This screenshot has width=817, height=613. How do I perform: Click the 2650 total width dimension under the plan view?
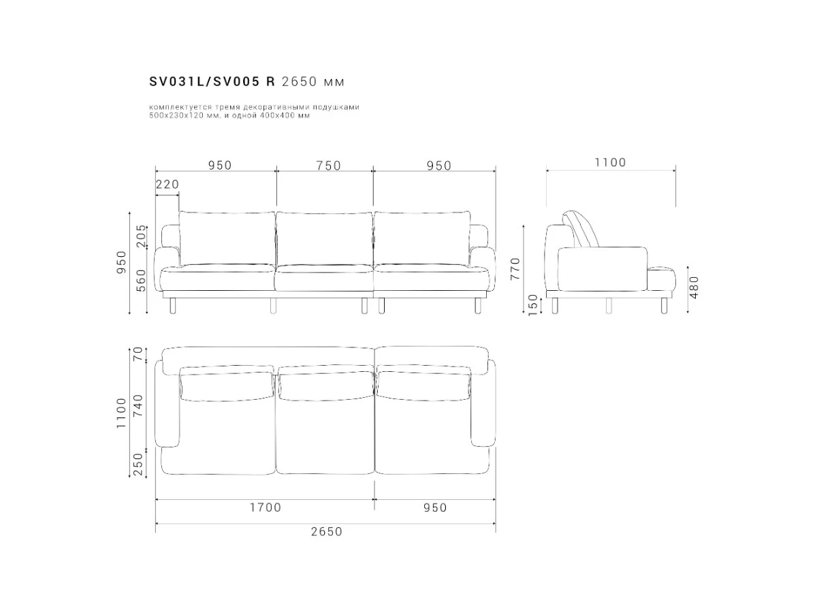pos(326,531)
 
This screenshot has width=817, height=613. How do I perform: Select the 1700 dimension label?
pos(265,507)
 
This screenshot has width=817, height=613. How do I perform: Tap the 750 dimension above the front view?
pos(328,166)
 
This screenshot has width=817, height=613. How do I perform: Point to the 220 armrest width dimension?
pos(167,184)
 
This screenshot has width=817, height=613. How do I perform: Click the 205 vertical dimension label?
pos(142,236)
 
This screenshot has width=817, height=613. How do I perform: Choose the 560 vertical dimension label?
pos(142,281)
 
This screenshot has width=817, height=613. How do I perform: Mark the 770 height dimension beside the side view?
pos(515,270)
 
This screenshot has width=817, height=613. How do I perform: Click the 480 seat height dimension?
pos(694,287)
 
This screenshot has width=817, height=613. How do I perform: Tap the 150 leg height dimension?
pos(533,305)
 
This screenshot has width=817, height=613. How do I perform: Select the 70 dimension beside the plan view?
pos(138,353)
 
